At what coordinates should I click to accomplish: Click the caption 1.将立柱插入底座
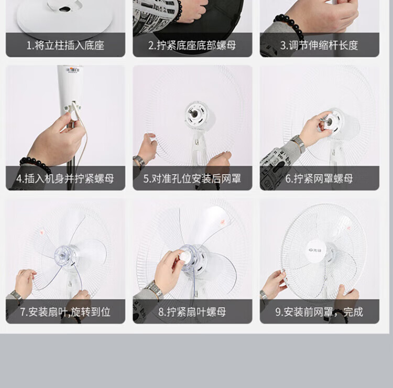pyautogui.click(x=65, y=46)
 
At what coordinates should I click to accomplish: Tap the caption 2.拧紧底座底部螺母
pyautogui.click(x=192, y=46)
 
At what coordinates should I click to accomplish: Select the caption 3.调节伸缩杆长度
pyautogui.click(x=319, y=46)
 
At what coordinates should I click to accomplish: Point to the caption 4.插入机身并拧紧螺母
pyautogui.click(x=65, y=179)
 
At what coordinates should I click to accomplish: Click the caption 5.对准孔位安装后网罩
pyautogui.click(x=192, y=179)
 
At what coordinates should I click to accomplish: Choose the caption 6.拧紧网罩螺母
pyautogui.click(x=319, y=179)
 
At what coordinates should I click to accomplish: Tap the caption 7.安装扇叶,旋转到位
pyautogui.click(x=65, y=312)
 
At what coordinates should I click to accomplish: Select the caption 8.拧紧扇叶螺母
pyautogui.click(x=192, y=312)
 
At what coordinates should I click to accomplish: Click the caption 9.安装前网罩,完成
pyautogui.click(x=319, y=312)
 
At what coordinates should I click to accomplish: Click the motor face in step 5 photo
pyautogui.click(x=195, y=114)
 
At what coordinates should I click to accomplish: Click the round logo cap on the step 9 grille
pyautogui.click(x=316, y=250)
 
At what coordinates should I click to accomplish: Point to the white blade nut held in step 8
pyautogui.click(x=185, y=256)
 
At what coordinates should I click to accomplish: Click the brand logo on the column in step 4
pyautogui.click(x=73, y=70)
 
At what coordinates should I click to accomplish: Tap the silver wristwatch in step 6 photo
pyautogui.click(x=298, y=143)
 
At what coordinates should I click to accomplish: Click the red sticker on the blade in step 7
pyautogui.click(x=42, y=231)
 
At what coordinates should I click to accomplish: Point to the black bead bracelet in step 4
pyautogui.click(x=35, y=163)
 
